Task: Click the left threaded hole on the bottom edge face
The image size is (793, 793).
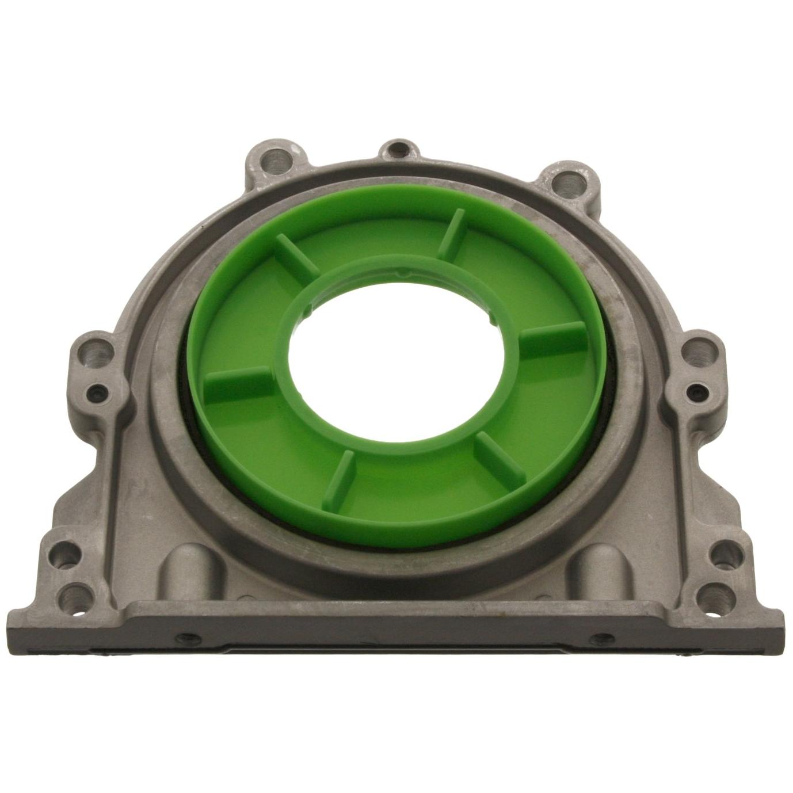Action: coord(188,638)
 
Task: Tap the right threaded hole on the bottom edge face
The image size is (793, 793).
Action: coord(603,638)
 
